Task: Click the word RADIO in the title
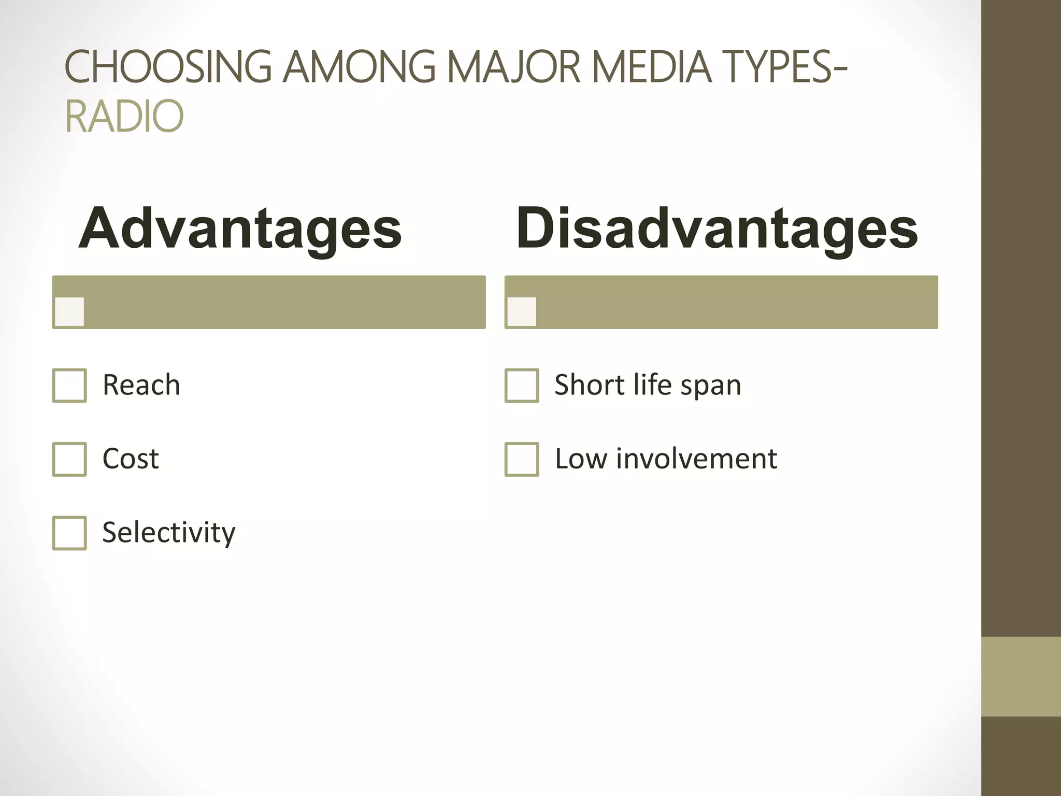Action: pyautogui.click(x=124, y=116)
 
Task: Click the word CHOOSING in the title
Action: pyautogui.click(x=168, y=67)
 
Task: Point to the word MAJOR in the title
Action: pyautogui.click(x=513, y=67)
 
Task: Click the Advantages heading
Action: pyautogui.click(x=240, y=229)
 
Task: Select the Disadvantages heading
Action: pyautogui.click(x=716, y=229)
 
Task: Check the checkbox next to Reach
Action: pyautogui.click(x=69, y=386)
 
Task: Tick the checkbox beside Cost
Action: pyautogui.click(x=69, y=459)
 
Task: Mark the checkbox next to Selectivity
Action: pyautogui.click(x=69, y=533)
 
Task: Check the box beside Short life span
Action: pyautogui.click(x=522, y=386)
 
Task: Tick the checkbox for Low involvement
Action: pyautogui.click(x=522, y=459)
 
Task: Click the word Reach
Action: pyautogui.click(x=141, y=385)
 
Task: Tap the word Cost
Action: pyautogui.click(x=131, y=459)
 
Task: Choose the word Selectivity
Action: pyautogui.click(x=169, y=533)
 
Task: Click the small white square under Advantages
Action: pyautogui.click(x=69, y=311)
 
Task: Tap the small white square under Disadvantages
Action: pyautogui.click(x=522, y=311)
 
